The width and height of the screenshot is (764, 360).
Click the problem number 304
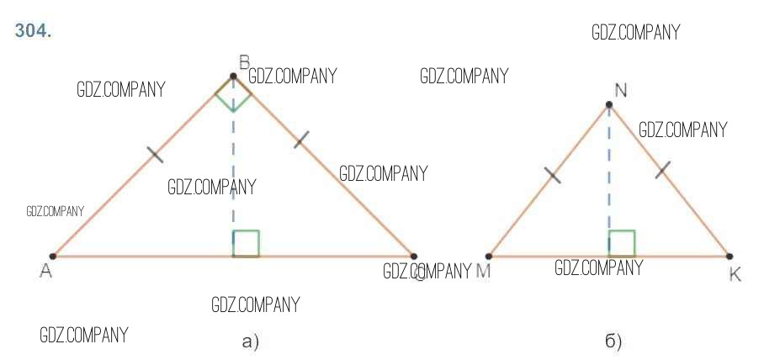[x=34, y=32]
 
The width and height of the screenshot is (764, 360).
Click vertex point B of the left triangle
[x=233, y=77]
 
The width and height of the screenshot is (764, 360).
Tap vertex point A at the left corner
[x=53, y=256]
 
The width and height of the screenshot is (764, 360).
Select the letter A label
[x=46, y=272]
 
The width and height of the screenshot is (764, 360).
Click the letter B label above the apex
[x=244, y=61]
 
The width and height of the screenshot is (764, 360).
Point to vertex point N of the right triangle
[x=608, y=105]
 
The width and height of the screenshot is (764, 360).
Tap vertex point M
[x=489, y=256]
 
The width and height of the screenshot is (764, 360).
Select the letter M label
[x=483, y=272]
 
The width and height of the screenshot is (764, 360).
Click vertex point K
[x=729, y=256]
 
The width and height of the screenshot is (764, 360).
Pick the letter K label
[x=735, y=274]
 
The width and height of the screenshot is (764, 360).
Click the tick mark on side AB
[x=155, y=154]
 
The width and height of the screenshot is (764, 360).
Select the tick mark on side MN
[x=552, y=175]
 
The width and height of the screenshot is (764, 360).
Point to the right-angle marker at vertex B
[x=233, y=95]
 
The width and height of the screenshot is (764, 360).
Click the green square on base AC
[x=246, y=243]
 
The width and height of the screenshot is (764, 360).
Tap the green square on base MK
[x=621, y=243]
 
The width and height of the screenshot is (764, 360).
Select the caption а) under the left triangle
[x=250, y=341]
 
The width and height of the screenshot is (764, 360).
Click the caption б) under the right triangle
[x=613, y=341]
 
